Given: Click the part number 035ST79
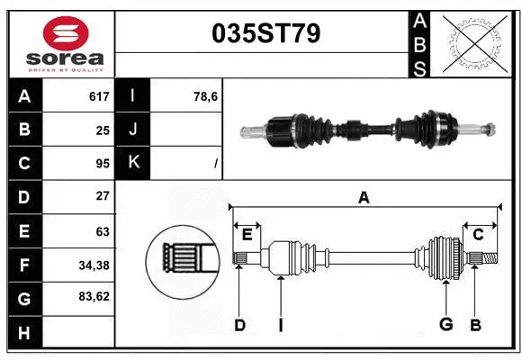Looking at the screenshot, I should click(x=265, y=33).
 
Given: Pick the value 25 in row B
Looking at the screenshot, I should click(x=103, y=130).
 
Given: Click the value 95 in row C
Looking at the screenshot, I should click(x=103, y=163).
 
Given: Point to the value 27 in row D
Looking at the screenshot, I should click(x=103, y=196).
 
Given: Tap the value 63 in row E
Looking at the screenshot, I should click(x=103, y=230).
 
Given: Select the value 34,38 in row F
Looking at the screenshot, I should click(x=94, y=265).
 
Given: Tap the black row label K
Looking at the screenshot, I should click(x=132, y=163).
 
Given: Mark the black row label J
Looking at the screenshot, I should click(x=132, y=130).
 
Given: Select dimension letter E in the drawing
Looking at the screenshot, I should click(x=247, y=234).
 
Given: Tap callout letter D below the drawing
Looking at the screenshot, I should click(x=239, y=325).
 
